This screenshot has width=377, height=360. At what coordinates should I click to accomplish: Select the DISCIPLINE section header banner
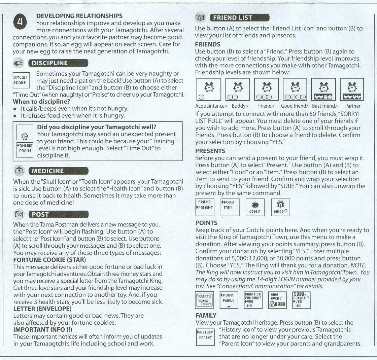click(59, 63)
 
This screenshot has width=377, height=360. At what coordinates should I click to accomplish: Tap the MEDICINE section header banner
click(59, 171)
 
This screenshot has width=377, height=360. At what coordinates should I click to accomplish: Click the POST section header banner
click(59, 214)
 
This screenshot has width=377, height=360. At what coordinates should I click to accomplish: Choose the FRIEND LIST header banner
click(239, 17)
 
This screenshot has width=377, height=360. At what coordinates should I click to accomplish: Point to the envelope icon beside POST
click(19, 214)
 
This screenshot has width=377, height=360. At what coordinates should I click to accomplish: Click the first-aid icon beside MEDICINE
click(19, 171)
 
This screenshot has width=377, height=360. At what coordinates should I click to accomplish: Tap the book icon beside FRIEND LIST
click(200, 17)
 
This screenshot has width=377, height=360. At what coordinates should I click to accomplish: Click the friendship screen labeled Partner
click(352, 90)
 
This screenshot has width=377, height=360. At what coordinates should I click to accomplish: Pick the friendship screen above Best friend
click(323, 90)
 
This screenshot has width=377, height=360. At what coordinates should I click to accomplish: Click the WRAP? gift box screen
click(281, 207)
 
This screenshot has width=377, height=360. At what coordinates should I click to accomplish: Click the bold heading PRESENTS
click(210, 151)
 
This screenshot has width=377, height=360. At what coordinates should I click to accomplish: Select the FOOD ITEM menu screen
click(230, 207)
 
